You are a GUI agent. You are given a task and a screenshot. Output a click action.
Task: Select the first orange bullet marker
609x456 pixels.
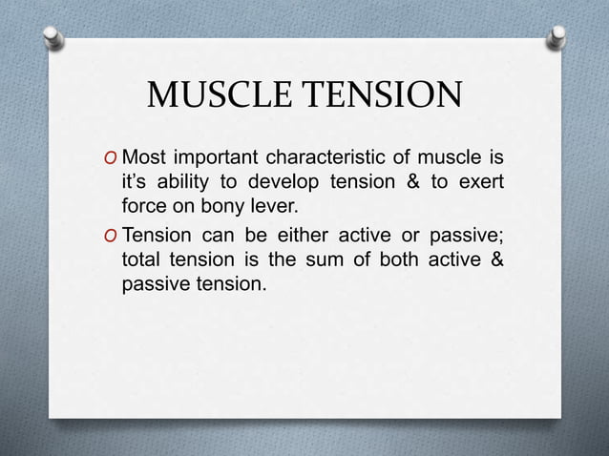(x=113, y=157)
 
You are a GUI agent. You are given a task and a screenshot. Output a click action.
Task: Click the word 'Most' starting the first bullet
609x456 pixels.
(x=144, y=156)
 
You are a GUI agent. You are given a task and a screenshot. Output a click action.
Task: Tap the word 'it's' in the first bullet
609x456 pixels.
(x=134, y=181)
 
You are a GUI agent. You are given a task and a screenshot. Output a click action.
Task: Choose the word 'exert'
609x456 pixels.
(x=483, y=181)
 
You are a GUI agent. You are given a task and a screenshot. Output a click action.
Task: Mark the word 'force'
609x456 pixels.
(x=143, y=205)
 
